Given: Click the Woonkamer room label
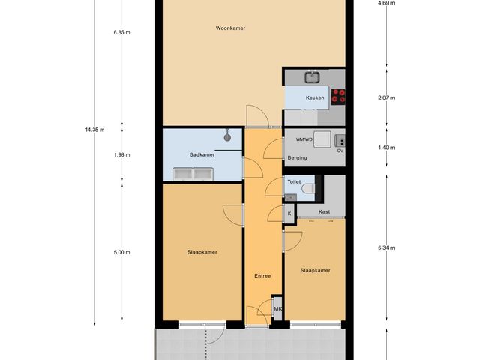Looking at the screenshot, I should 232,28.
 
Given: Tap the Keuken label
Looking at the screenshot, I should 315,98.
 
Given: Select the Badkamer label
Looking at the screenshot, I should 202,155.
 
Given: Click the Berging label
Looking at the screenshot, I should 298,158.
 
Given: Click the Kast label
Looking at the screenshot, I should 324,212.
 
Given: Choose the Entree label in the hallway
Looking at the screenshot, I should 262,276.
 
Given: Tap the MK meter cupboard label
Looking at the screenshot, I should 277,309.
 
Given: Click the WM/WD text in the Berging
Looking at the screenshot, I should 304,139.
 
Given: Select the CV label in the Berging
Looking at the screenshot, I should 340,150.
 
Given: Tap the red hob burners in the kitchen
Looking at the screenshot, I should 339,94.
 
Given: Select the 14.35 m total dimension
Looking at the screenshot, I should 94,130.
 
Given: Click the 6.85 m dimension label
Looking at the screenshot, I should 121,33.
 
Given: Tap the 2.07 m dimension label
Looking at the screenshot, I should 386,98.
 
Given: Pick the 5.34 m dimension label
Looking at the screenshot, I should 386,247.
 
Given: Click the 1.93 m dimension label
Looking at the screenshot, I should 121,155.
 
